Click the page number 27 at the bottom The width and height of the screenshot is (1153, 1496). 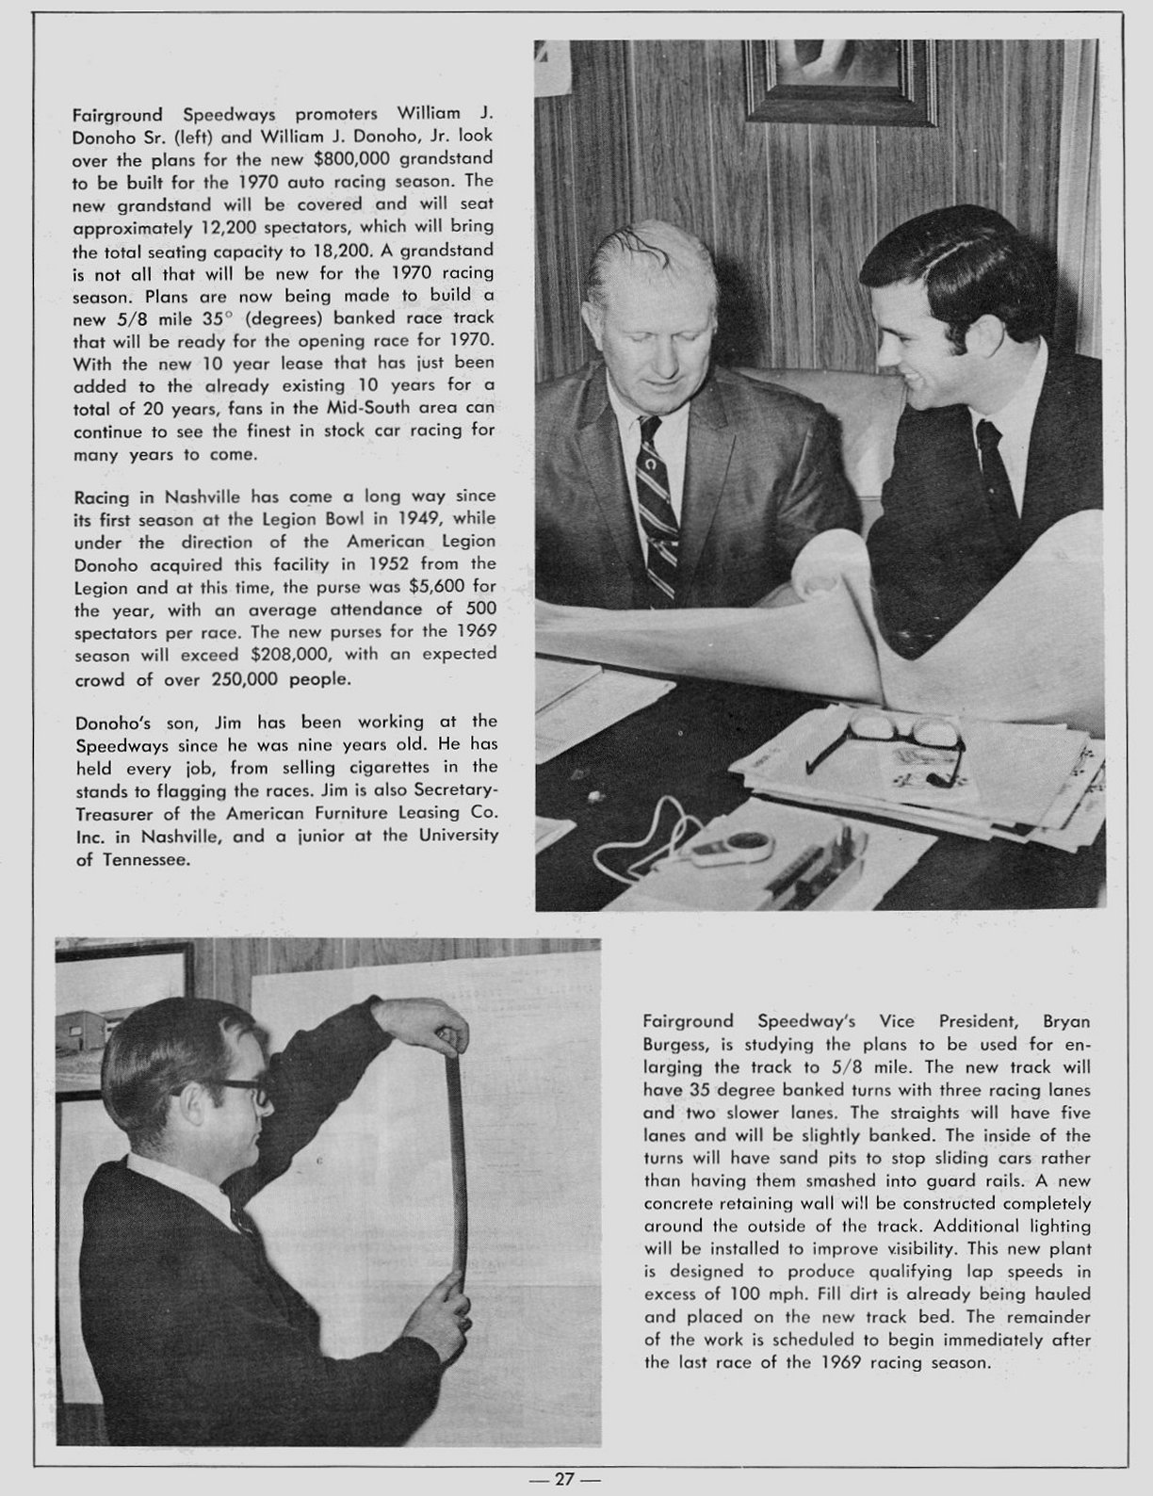pyautogui.click(x=563, y=1478)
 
